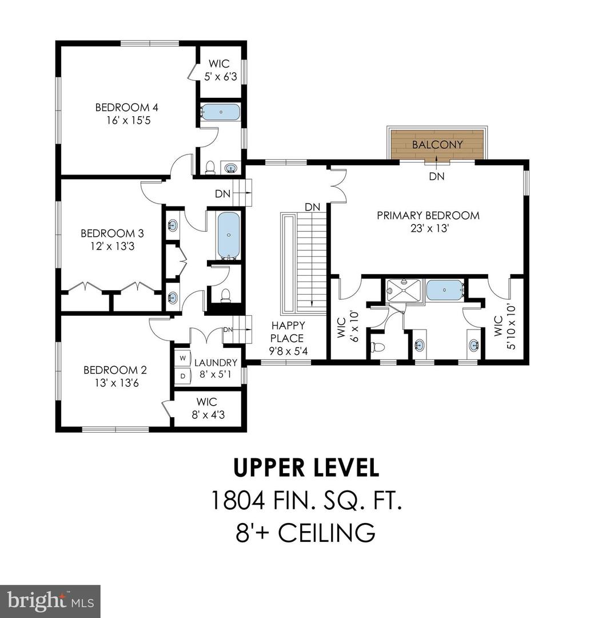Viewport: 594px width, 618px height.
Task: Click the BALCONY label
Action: (437, 145)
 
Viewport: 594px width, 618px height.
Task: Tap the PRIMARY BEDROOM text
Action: (428, 216)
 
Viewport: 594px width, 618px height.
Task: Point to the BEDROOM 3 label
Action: (112, 233)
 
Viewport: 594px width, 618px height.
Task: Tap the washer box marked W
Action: (183, 358)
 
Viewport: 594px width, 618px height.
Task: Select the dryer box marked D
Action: (183, 376)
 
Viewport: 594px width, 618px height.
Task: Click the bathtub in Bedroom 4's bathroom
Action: (221, 112)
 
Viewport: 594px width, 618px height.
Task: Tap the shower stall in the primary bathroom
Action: (403, 290)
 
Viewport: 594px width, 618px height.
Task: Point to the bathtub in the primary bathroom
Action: (445, 290)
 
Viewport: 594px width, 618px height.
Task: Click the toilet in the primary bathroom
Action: (378, 347)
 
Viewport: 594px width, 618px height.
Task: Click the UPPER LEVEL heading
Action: (306, 468)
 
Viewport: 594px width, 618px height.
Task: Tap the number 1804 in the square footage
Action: (237, 501)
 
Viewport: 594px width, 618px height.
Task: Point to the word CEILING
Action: (327, 533)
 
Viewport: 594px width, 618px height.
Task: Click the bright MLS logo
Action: (50, 601)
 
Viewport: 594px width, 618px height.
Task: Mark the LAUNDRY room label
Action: (216, 363)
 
